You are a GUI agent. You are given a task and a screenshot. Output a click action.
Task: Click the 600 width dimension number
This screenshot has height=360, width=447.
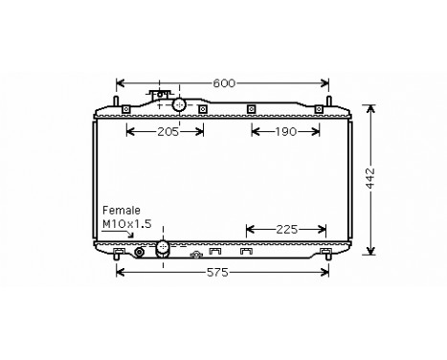point(223,83)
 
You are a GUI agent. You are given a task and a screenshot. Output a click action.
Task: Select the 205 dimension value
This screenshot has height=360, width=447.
point(168,132)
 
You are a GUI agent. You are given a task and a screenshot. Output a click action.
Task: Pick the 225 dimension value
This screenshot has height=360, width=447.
point(285,229)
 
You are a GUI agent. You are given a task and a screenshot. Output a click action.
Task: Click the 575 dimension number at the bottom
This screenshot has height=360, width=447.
point(220,274)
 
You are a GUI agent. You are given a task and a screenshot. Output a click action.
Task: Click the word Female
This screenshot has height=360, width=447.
point(122,210)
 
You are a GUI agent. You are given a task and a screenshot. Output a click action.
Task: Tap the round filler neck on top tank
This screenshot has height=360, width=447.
point(179,104)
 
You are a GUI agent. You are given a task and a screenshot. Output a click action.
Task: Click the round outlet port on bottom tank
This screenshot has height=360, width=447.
point(162,248)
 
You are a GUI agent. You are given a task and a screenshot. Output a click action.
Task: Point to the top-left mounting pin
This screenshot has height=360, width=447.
point(117,101)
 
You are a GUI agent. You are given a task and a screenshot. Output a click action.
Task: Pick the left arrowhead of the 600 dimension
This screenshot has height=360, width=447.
point(119,83)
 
